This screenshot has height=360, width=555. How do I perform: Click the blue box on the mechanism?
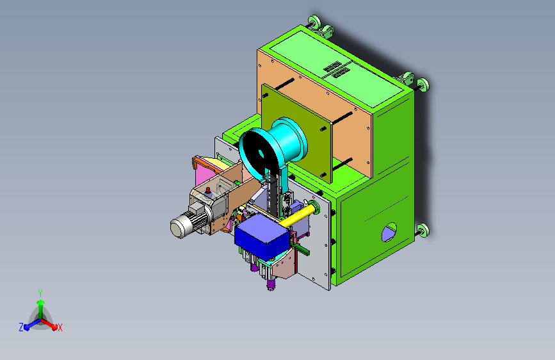click(262, 235)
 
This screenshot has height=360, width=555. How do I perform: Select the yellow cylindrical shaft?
click(297, 215)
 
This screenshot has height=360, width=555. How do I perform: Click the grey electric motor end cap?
click(179, 227)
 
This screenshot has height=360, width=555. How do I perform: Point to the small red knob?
click(208, 191)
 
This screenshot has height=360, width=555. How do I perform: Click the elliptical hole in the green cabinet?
click(389, 232)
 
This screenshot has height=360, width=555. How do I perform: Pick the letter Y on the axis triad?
click(40, 293)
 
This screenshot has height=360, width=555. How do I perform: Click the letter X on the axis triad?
click(60, 328)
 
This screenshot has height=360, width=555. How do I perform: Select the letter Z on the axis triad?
click(21, 327)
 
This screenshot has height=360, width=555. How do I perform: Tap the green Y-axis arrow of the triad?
click(41, 309)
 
